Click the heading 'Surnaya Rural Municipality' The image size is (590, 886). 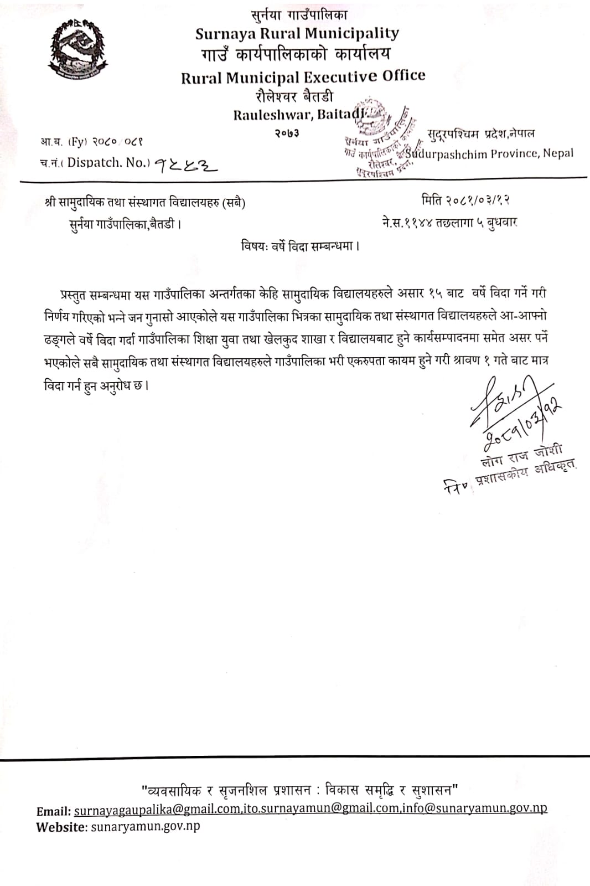pos(297,34)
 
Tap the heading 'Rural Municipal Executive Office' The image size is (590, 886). pos(303,76)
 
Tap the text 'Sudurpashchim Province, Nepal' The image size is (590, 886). pos(490,153)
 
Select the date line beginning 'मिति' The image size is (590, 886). pos(465,199)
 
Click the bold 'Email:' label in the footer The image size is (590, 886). pos(54,811)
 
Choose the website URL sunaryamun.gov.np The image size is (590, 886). pos(144,826)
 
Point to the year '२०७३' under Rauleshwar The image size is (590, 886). pos(287,133)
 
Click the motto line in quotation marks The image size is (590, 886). pos(299,789)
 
